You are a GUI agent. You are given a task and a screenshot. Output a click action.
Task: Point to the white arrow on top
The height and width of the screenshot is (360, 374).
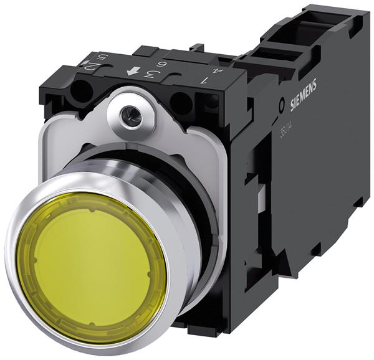(x=132, y=72)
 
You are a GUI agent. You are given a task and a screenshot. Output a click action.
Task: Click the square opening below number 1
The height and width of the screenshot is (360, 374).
(x=208, y=103)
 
